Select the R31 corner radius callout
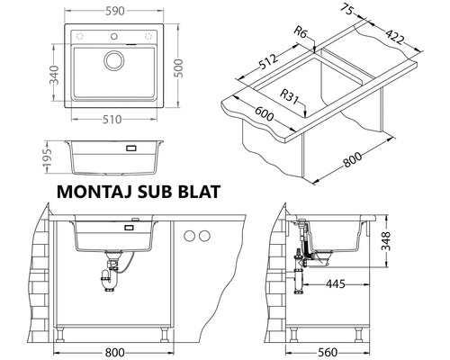coord(292,93)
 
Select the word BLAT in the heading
coord(195,191)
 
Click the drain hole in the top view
coord(114,59)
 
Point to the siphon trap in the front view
coord(108,279)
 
